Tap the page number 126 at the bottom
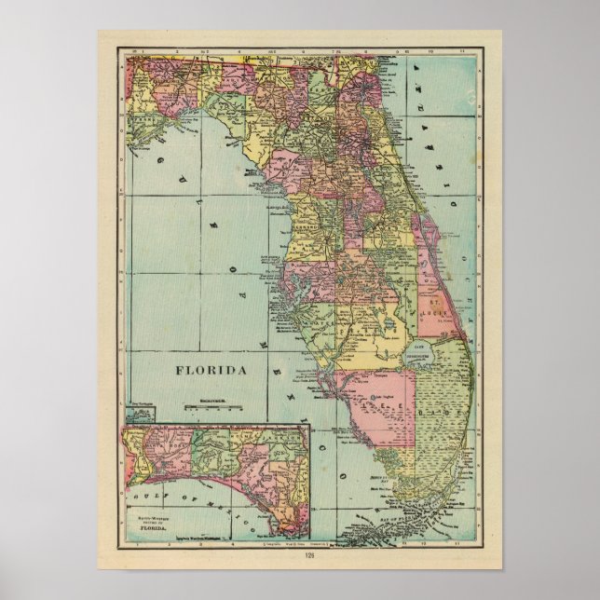coord(299,559)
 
